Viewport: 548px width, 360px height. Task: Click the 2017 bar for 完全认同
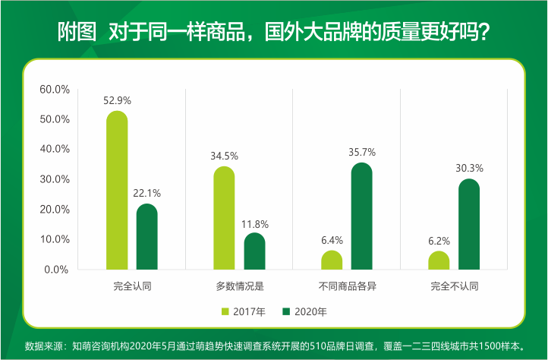click(x=117, y=191)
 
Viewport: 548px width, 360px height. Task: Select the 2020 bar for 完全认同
click(x=147, y=237)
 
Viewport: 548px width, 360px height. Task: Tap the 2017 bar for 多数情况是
click(x=224, y=218)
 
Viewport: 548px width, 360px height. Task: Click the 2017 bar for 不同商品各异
click(x=332, y=260)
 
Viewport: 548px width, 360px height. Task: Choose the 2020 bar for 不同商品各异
click(x=362, y=216)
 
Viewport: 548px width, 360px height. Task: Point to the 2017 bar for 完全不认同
click(x=439, y=261)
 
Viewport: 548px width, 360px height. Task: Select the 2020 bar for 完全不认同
click(x=469, y=224)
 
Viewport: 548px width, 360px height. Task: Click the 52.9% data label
click(x=117, y=99)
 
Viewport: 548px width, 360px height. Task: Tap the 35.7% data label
click(x=362, y=152)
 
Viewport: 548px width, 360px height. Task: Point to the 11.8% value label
click(x=254, y=224)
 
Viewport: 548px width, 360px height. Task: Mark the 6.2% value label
click(x=439, y=242)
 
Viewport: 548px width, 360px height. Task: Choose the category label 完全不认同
click(x=455, y=286)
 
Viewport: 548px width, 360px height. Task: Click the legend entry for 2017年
click(x=243, y=311)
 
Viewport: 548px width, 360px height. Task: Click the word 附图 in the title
click(x=77, y=33)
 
